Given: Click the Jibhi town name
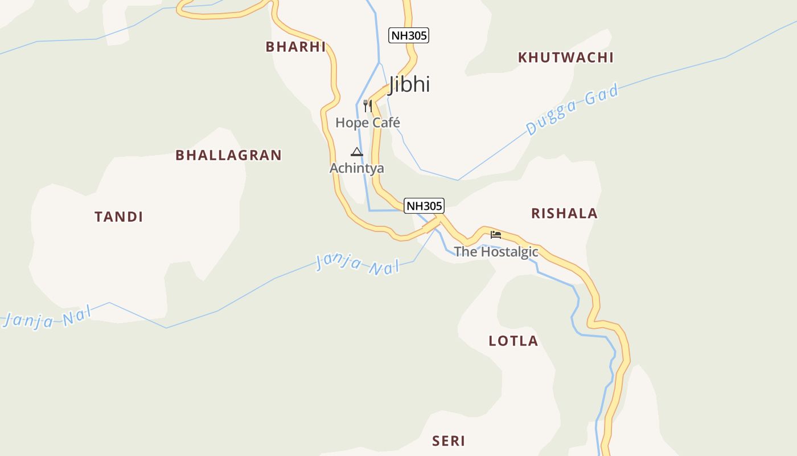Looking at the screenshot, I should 409,84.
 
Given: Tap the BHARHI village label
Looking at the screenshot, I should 295,47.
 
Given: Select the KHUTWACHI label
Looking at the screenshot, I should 565,57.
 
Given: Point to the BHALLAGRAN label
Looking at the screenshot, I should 228,155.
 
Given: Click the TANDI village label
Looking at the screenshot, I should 118,217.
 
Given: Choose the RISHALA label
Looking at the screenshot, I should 564,213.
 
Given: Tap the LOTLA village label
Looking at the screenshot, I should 513,341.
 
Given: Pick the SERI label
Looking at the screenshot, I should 449,441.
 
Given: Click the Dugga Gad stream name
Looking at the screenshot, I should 572,109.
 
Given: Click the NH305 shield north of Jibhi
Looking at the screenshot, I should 408,35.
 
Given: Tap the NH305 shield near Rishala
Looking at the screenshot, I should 424,206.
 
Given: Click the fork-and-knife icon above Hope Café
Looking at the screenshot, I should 368,106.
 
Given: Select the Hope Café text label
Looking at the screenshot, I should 368,123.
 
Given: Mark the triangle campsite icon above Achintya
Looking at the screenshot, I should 357,152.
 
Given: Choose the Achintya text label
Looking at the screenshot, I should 357,168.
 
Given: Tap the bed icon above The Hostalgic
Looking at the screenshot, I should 496,234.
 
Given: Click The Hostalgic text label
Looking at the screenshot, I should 496,251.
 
